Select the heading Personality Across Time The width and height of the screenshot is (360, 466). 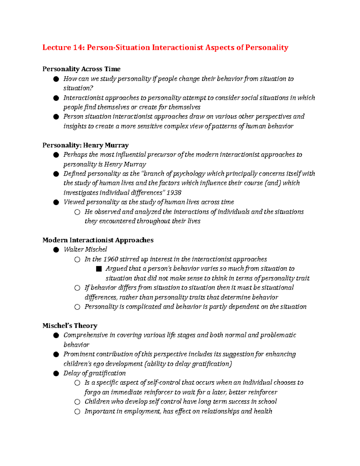[81, 69]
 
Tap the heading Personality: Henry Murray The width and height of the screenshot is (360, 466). [85, 145]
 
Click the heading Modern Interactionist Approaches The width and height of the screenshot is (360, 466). [98, 240]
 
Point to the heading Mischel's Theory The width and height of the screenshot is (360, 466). [70, 326]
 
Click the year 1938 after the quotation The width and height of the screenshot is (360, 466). [174, 193]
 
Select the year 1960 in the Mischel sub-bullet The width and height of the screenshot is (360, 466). [110, 259]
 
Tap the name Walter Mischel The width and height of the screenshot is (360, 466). [85, 250]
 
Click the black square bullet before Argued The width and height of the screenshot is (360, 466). [99, 269]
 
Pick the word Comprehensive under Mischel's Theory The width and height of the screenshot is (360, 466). [85, 335]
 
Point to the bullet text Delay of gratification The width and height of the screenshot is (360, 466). [94, 373]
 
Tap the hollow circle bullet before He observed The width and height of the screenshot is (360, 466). [77, 212]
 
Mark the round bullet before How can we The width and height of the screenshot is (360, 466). [56, 79]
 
